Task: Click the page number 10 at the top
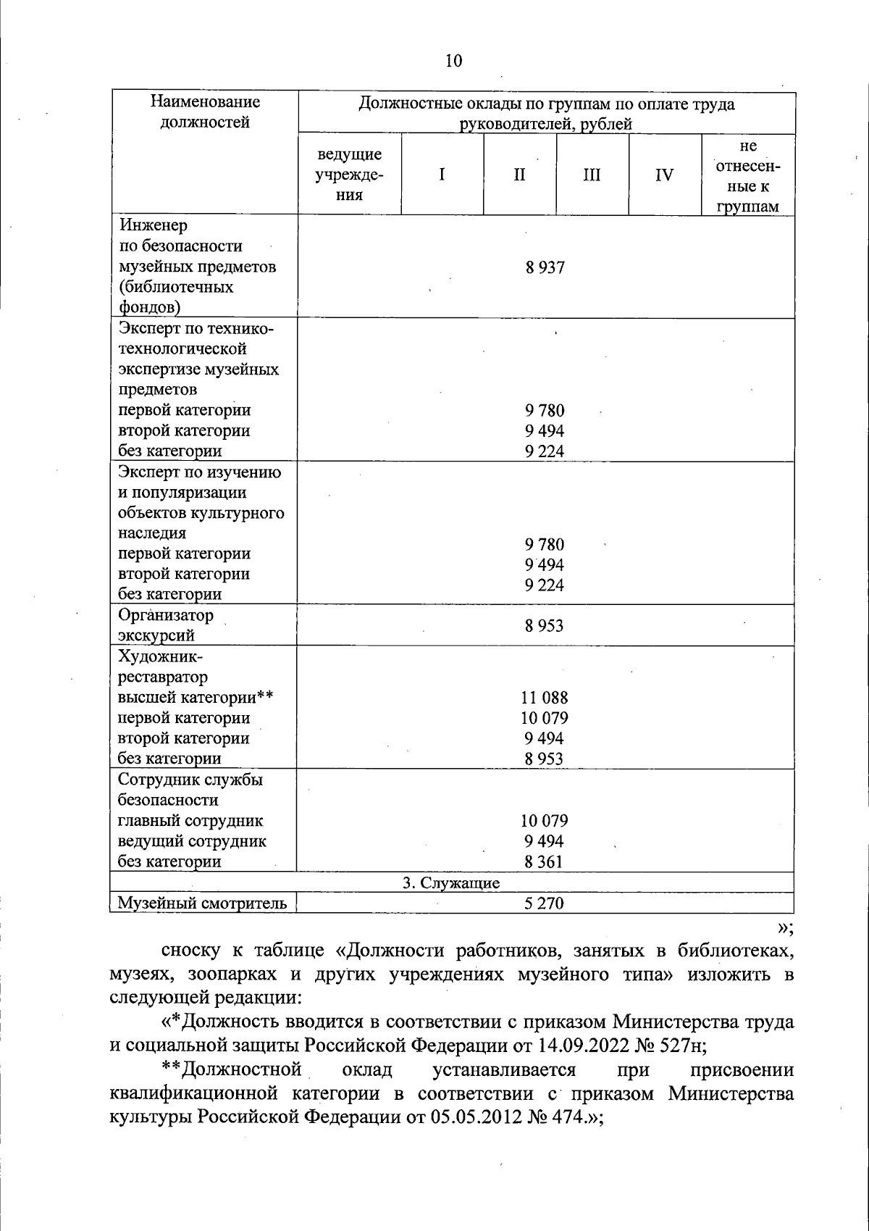coord(453,61)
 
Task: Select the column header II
coord(519,175)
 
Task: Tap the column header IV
coord(664,175)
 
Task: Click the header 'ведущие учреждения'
coord(349,175)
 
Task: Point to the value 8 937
coord(545,267)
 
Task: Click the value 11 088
coord(545,698)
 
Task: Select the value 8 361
coord(545,861)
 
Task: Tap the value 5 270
coord(545,903)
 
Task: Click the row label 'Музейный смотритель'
coord(202,903)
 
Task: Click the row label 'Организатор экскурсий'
coord(166,625)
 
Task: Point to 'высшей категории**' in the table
coord(195,698)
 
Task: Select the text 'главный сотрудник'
coord(190,821)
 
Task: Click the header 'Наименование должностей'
coord(204,112)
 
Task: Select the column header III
coord(592,175)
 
